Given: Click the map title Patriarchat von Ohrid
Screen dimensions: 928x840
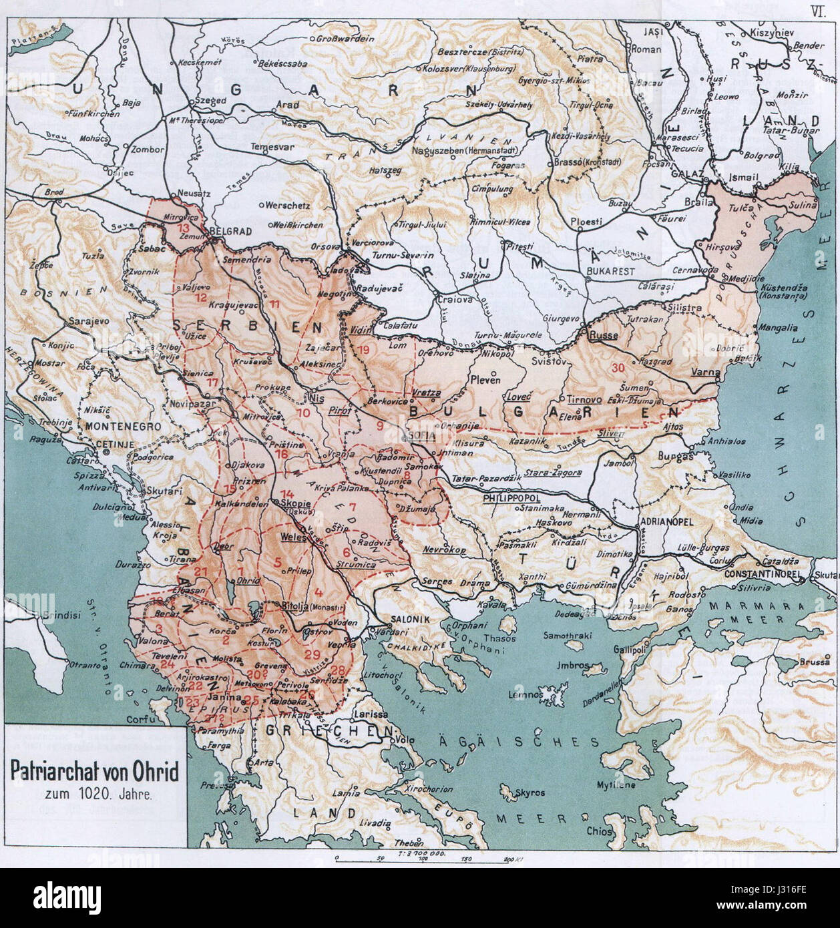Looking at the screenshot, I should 94,774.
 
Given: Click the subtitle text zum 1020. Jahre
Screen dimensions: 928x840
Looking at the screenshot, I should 93,794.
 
